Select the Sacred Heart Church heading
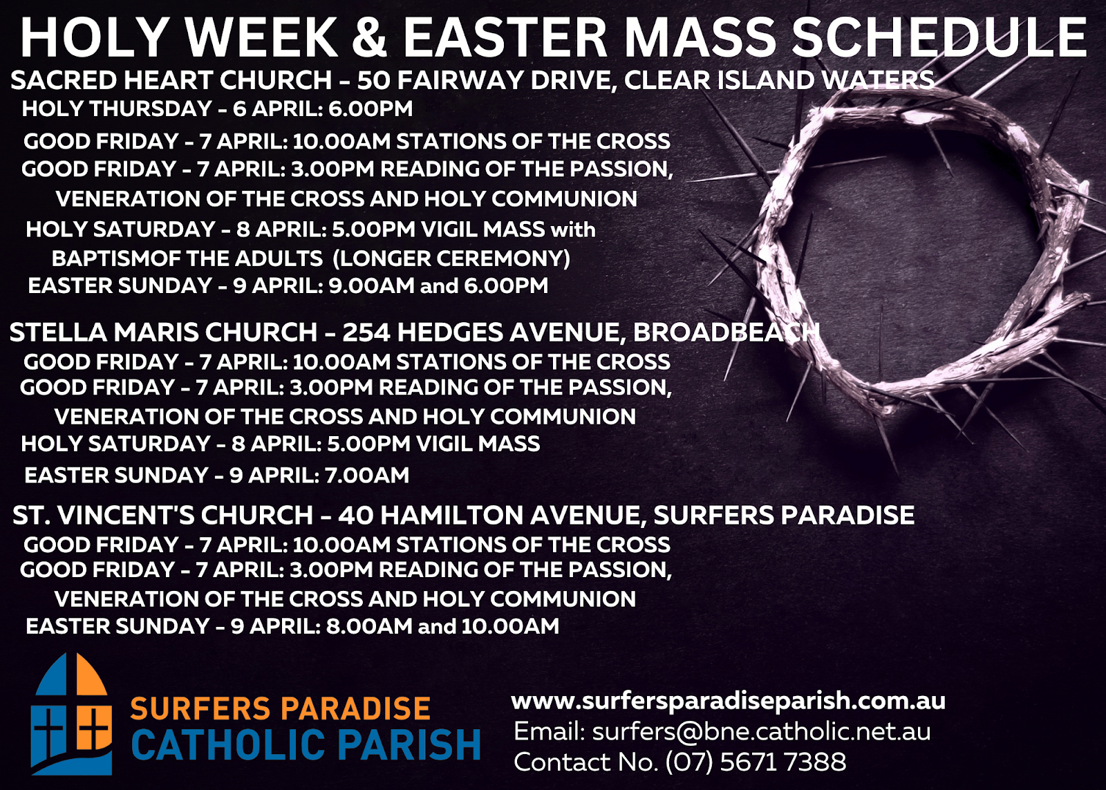click(473, 80)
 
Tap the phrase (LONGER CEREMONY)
click(451, 258)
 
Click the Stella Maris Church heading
click(414, 332)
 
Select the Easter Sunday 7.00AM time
click(367, 476)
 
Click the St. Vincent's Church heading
click(464, 515)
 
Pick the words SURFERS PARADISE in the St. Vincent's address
click(784, 515)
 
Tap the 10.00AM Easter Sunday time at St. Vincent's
click(510, 627)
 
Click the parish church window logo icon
click(71, 714)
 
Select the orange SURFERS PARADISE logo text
click(280, 708)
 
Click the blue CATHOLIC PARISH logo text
click(306, 744)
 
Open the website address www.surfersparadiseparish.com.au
click(729, 701)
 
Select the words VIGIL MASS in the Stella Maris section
click(478, 444)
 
